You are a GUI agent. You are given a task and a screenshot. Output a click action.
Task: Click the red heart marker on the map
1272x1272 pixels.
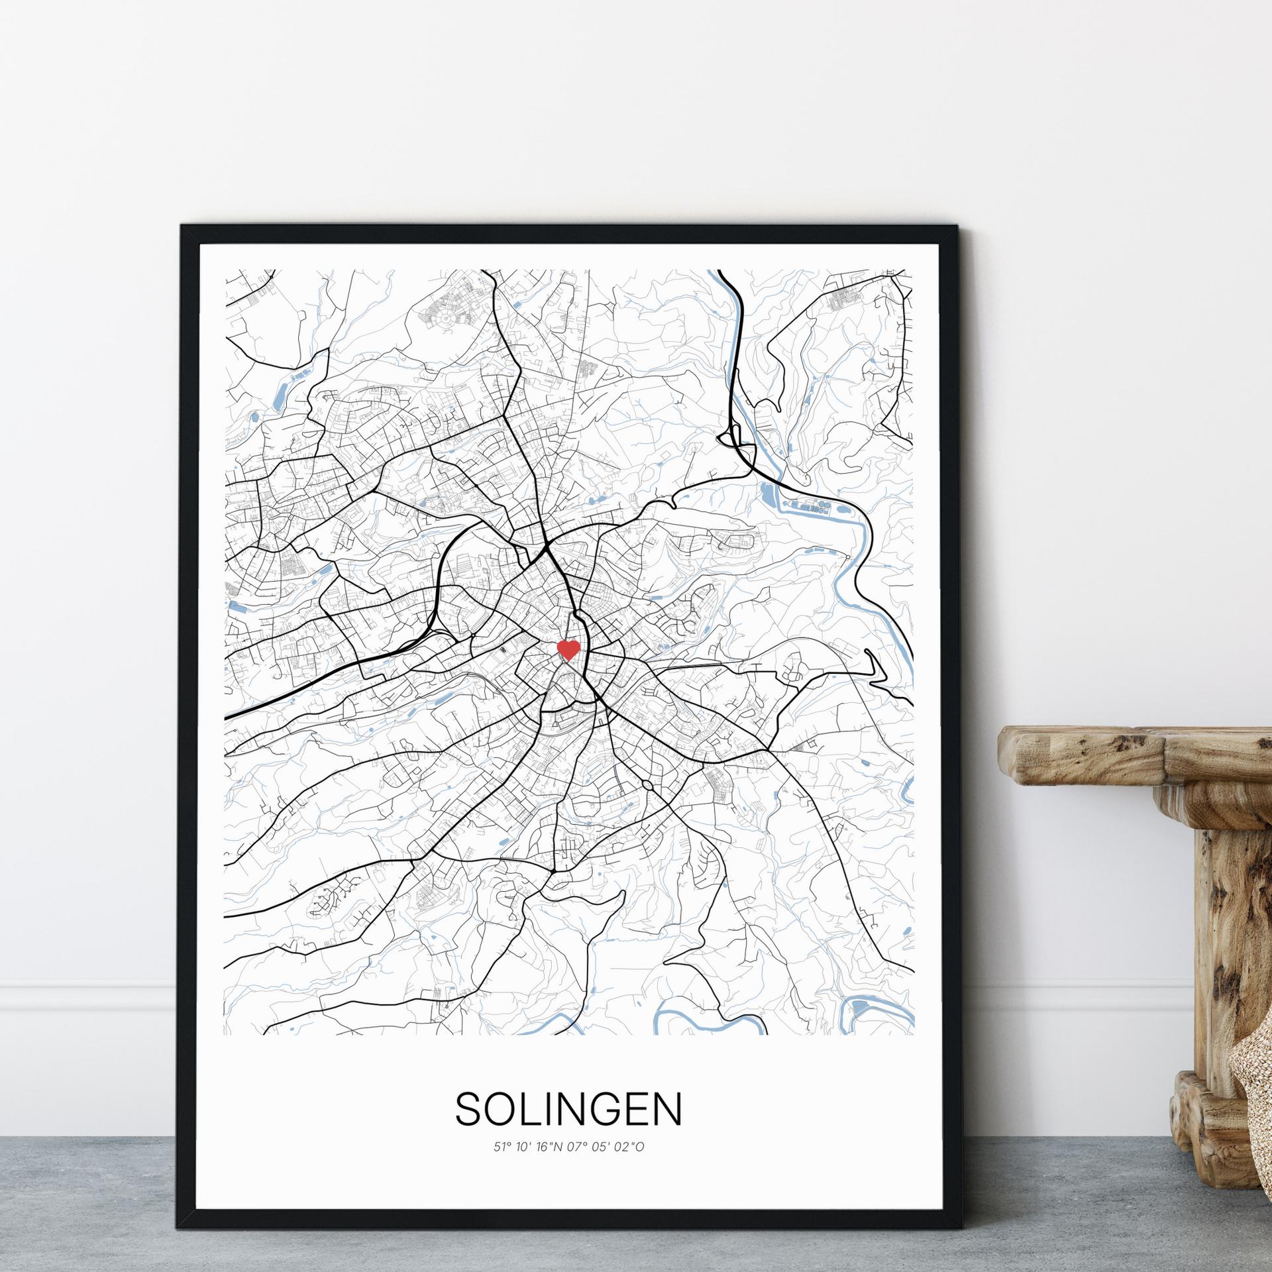568,649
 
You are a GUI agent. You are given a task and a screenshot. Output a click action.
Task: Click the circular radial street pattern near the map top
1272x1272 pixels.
446,319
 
